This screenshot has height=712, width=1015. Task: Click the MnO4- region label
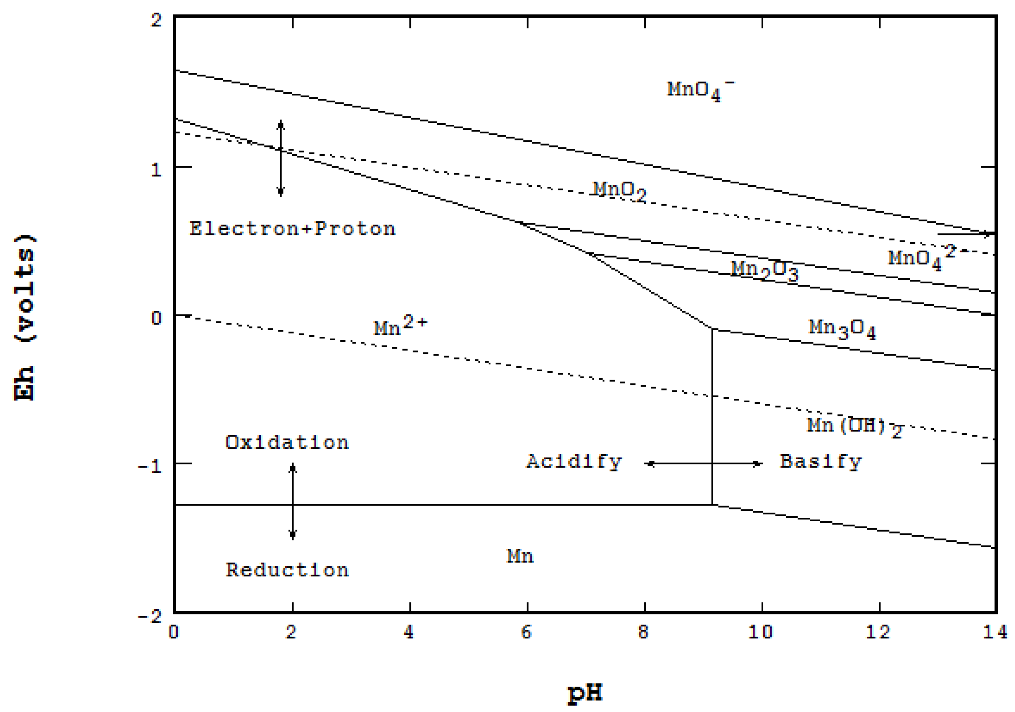[x=700, y=90]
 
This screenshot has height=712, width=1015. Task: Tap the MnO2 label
[x=619, y=191]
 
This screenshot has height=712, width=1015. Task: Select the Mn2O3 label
[x=764, y=270]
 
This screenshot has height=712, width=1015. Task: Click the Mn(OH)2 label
[x=854, y=426]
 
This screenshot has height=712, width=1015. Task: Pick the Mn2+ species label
[x=401, y=326]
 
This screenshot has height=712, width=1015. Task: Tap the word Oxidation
[x=287, y=442]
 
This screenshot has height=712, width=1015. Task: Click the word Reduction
[x=287, y=570]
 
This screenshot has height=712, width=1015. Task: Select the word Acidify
[x=574, y=462]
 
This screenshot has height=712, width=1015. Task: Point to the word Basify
[x=821, y=462]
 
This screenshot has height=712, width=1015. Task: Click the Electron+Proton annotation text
[x=292, y=229]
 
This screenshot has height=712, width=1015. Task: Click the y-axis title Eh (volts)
[x=24, y=317]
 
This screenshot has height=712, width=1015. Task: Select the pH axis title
[x=585, y=693]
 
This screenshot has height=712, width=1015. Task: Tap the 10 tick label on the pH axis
[x=760, y=632]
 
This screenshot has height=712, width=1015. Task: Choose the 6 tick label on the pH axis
[x=526, y=632]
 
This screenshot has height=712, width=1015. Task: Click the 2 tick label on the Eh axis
[x=156, y=20]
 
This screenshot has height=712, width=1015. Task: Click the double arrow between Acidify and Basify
[x=705, y=464]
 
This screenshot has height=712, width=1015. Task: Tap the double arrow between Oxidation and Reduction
[x=293, y=501]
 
